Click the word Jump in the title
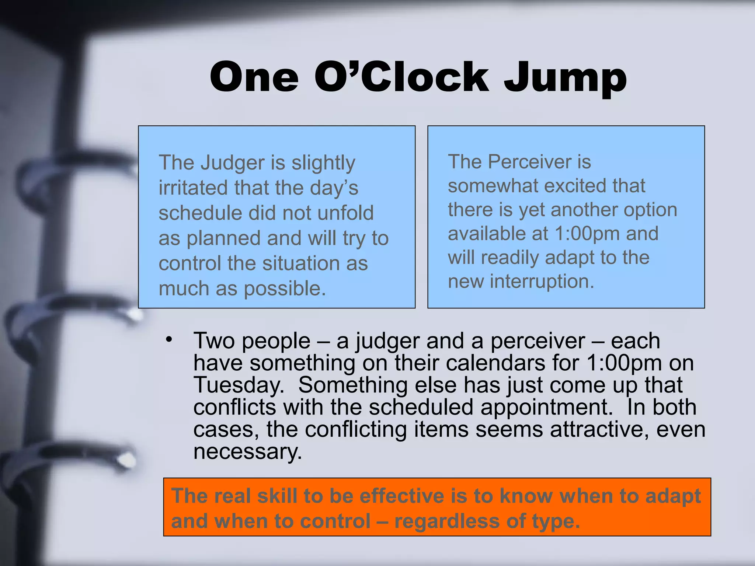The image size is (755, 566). [x=565, y=78]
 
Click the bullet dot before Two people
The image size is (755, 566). [x=169, y=339]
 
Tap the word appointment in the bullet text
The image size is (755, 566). [x=544, y=407]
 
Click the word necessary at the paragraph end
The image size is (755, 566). [x=247, y=452]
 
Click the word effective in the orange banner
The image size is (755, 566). [x=402, y=496]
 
